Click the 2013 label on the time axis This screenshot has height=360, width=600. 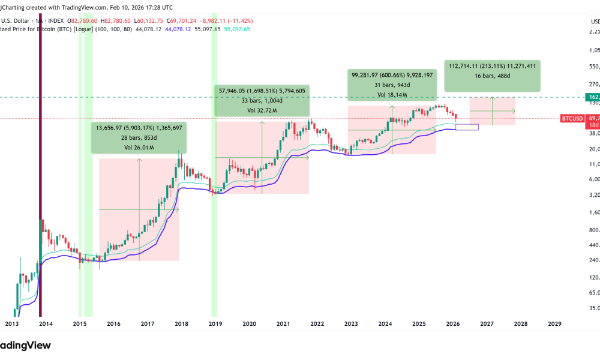(x=11, y=323)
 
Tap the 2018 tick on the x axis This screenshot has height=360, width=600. (x=181, y=323)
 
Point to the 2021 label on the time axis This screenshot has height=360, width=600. (x=283, y=323)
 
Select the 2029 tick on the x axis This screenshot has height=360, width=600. (x=555, y=323)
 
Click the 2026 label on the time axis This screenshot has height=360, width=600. (x=453, y=323)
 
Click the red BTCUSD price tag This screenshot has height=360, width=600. (x=573, y=118)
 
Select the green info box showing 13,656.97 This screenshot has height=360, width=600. (x=139, y=137)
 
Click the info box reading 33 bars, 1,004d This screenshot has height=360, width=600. (x=262, y=100)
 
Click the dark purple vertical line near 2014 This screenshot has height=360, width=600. (x=40, y=180)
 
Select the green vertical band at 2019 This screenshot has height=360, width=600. (x=213, y=180)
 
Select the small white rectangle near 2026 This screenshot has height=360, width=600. (x=467, y=127)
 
